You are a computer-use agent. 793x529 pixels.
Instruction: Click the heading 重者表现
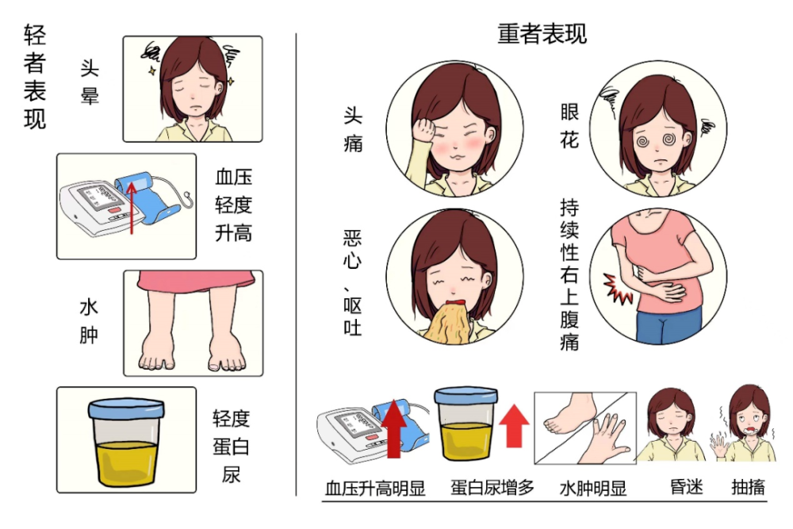pyautogui.click(x=542, y=34)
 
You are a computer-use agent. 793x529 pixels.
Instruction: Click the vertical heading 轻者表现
pyautogui.click(x=34, y=77)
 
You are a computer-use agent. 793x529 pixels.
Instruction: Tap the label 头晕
pyautogui.click(x=90, y=83)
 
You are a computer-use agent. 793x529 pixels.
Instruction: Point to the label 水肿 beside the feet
pyautogui.click(x=90, y=320)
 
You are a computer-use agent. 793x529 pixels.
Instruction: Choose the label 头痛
pyautogui.click(x=353, y=130)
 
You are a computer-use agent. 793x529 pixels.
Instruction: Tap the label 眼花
pyautogui.click(x=569, y=128)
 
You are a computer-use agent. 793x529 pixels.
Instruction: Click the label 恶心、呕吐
pyautogui.click(x=353, y=282)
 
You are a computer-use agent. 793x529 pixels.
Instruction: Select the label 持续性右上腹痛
pyautogui.click(x=569, y=274)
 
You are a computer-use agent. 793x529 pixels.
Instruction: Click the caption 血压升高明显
pyautogui.click(x=375, y=488)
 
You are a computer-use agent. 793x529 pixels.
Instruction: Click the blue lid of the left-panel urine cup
pyautogui.click(x=126, y=408)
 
